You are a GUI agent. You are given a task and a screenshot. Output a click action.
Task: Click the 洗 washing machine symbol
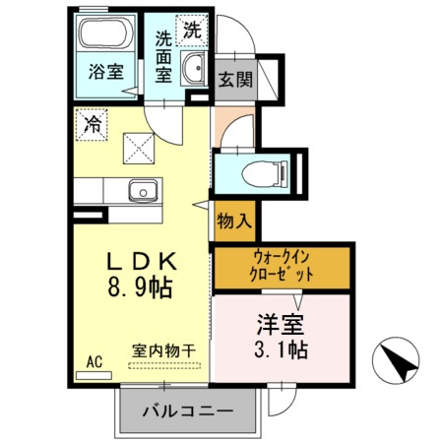(192, 30)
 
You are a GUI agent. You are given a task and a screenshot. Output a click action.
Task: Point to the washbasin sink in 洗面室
(194, 70)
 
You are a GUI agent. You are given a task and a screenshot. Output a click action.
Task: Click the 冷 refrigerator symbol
(91, 125)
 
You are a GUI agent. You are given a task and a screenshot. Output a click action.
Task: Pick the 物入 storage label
(233, 221)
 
